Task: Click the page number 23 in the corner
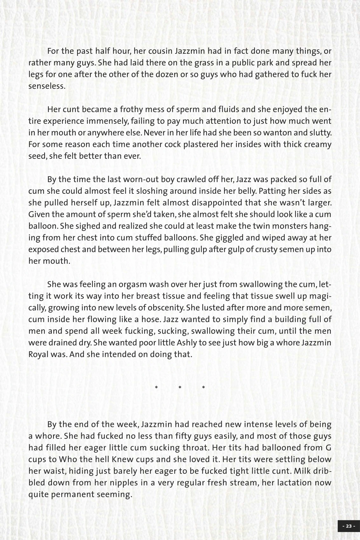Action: (349, 526)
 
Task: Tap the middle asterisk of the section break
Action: (180, 387)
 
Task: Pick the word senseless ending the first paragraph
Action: (46, 86)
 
